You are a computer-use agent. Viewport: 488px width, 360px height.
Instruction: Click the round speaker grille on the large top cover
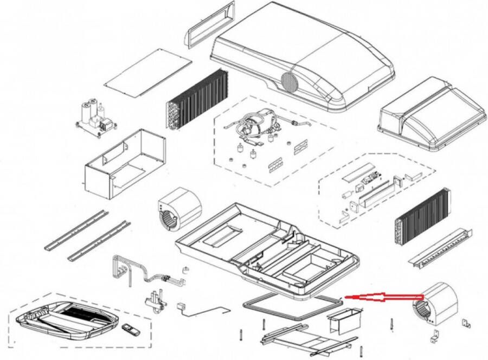[289, 82]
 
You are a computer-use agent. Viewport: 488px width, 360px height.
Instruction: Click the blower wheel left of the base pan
[179, 212]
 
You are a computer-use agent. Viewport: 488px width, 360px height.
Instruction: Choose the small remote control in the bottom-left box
[130, 329]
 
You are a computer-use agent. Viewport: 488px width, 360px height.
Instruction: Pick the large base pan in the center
[266, 247]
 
